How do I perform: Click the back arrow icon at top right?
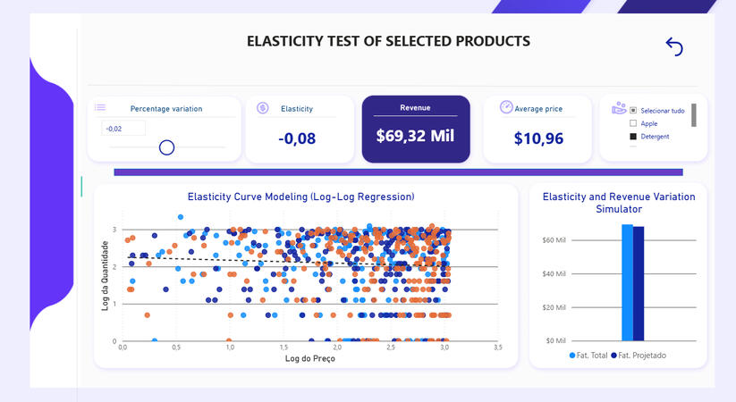(674, 46)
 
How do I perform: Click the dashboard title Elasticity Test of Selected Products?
(388, 41)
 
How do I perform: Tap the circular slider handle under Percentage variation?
(166, 147)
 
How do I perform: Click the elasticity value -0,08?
(296, 138)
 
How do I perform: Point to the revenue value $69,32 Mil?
(415, 137)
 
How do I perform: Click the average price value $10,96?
(538, 138)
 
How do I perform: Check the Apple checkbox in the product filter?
(633, 123)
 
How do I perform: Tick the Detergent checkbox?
(633, 137)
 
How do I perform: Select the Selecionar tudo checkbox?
(633, 111)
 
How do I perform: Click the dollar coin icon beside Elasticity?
(263, 108)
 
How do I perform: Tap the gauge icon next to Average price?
(506, 107)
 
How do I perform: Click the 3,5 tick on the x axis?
(497, 347)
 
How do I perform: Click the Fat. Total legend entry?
(590, 356)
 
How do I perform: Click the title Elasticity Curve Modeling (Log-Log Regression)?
(300, 197)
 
